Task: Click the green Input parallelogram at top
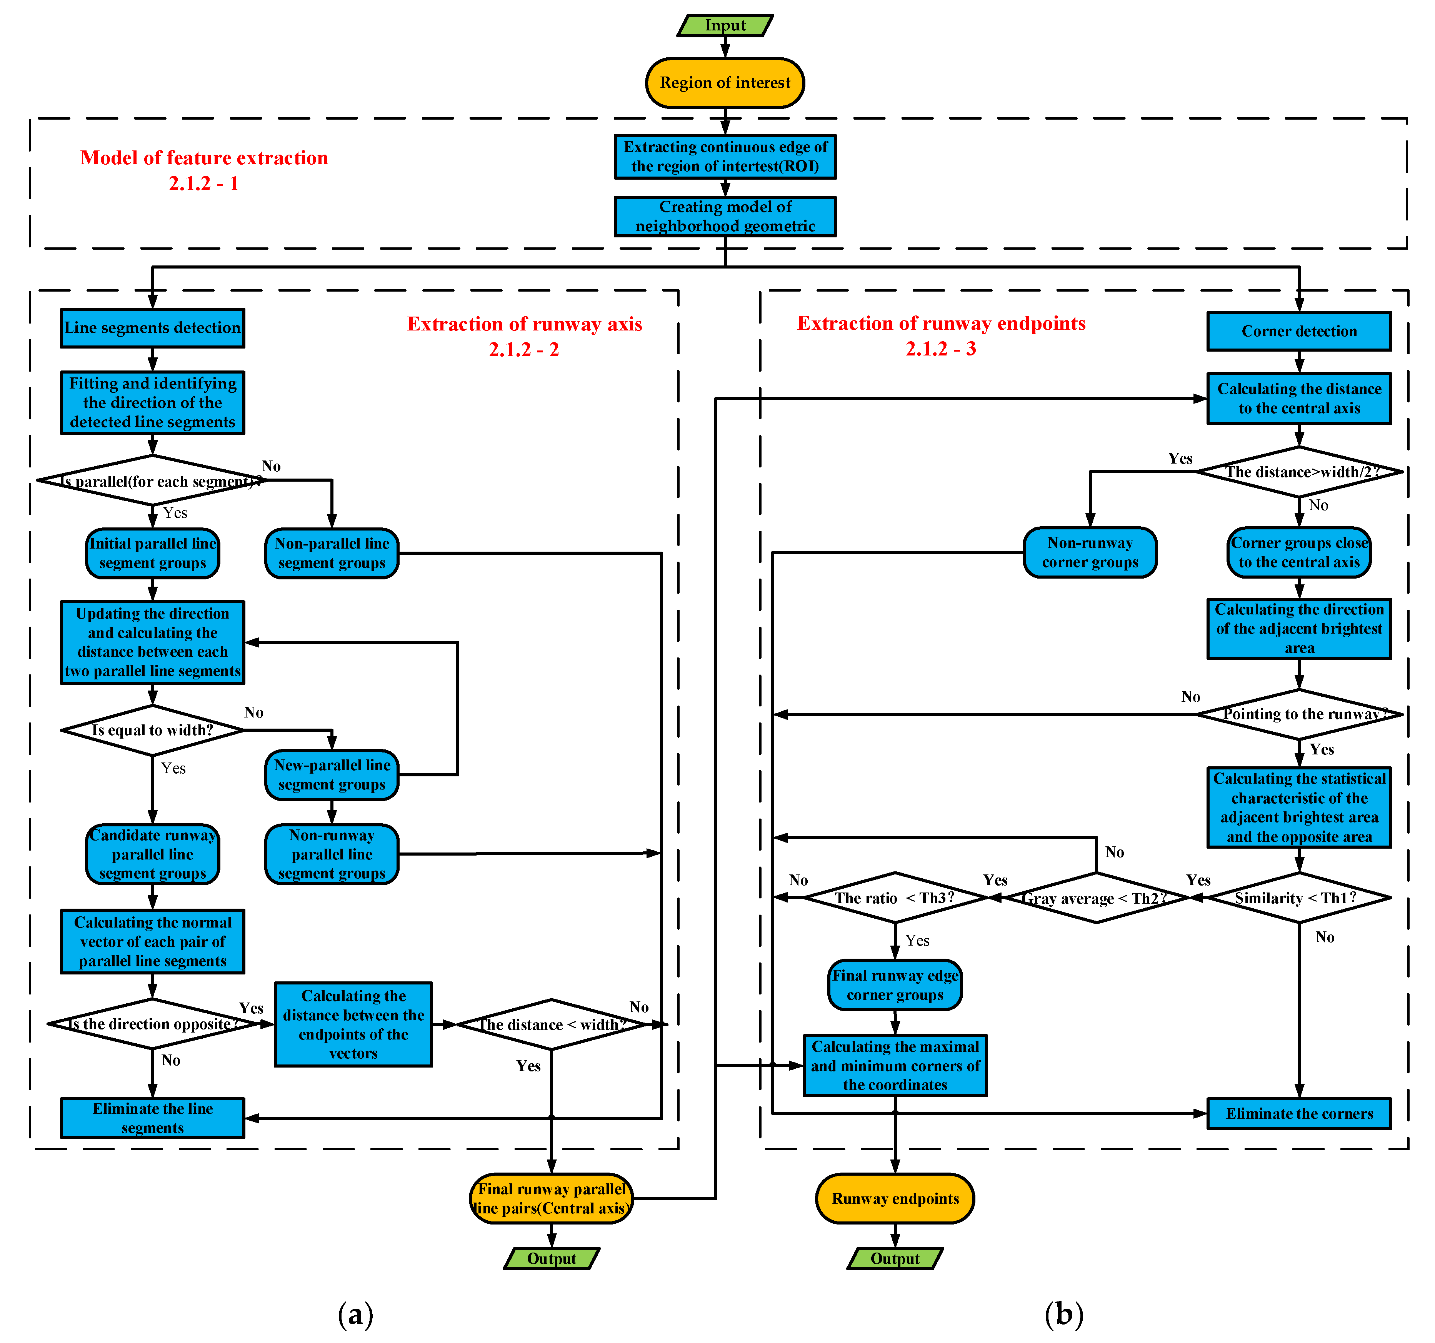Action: point(725,25)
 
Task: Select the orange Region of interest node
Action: point(725,82)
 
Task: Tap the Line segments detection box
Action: point(152,328)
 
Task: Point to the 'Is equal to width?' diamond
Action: point(152,730)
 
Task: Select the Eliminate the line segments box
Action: point(152,1118)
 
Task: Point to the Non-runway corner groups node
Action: point(1090,552)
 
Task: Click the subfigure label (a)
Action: point(355,1314)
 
